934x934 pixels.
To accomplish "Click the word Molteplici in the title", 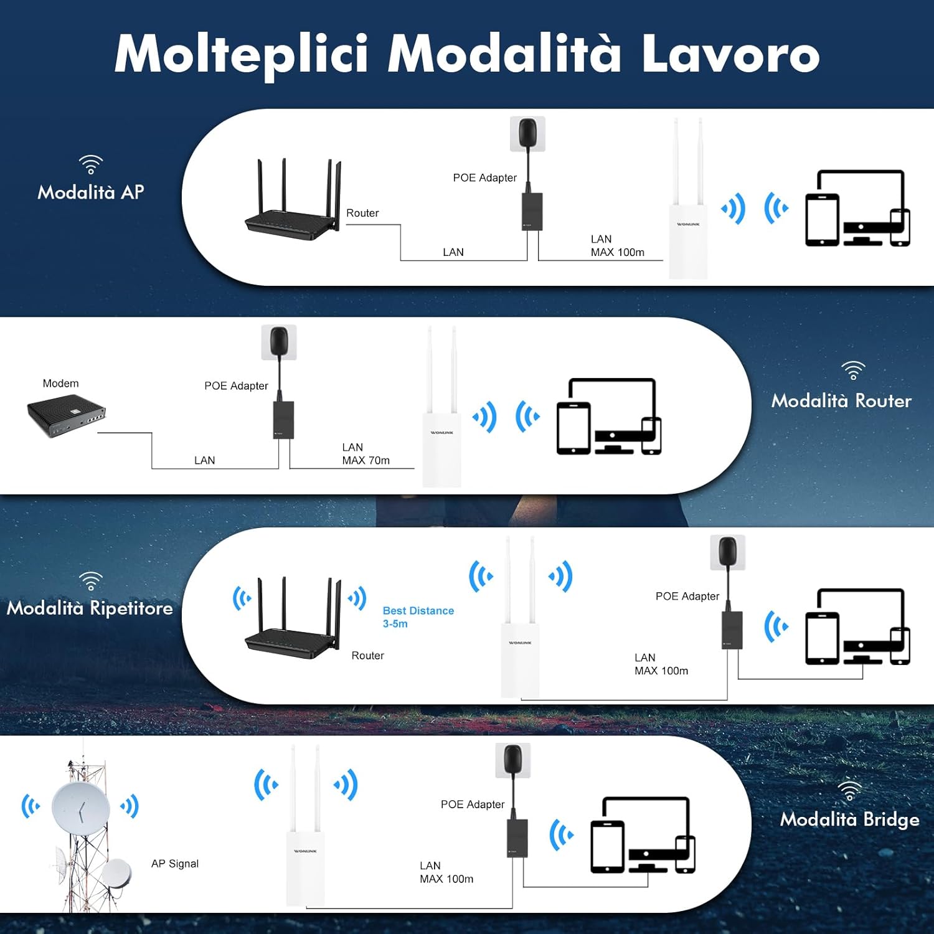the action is (241, 55).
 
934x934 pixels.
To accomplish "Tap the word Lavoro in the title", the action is (730, 55).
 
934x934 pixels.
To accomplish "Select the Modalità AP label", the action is (91, 192).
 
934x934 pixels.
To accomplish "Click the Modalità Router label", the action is (841, 400).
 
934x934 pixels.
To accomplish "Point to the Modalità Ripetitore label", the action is (90, 608).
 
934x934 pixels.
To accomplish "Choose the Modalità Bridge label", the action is (849, 819).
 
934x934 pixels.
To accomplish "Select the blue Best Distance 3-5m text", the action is (418, 617).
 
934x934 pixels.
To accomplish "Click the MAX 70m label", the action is (366, 461).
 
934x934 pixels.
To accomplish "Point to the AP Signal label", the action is (175, 864).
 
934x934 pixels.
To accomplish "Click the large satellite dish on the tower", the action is (81, 808).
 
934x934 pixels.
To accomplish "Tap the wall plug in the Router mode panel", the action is (279, 342).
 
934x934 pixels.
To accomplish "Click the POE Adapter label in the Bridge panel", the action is (473, 804).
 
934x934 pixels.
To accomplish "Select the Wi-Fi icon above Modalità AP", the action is (91, 164).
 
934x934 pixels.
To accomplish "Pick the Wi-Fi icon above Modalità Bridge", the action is (849, 791).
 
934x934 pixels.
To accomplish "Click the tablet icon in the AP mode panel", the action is (822, 220).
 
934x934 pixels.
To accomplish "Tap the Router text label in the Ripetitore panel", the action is (367, 656).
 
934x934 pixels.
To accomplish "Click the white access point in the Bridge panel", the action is (305, 866).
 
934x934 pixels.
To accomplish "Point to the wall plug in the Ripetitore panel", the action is (728, 552).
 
